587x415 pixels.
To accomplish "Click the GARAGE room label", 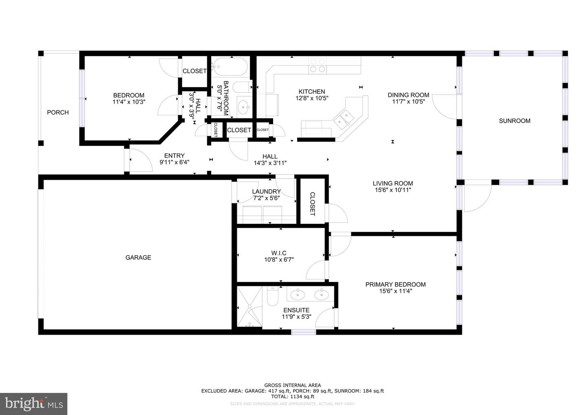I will pyautogui.click(x=138, y=258).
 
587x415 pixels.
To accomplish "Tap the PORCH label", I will pyautogui.click(x=58, y=113).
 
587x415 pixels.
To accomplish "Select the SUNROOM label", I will pyautogui.click(x=514, y=121).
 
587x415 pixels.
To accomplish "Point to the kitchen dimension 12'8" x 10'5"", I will pyautogui.click(x=312, y=98).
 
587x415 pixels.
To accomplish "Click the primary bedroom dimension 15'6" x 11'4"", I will pyautogui.click(x=395, y=291).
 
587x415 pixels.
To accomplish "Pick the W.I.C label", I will pyautogui.click(x=279, y=253).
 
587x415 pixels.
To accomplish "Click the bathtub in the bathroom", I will pyautogui.click(x=230, y=66).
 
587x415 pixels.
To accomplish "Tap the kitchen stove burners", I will pyautogui.click(x=318, y=66).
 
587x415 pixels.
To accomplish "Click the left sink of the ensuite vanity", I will pyautogui.click(x=298, y=294).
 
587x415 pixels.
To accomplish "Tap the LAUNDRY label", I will pyautogui.click(x=266, y=192).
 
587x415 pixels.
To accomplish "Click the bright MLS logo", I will pyautogui.click(x=33, y=404).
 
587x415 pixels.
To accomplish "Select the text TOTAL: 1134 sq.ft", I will pyautogui.click(x=292, y=396).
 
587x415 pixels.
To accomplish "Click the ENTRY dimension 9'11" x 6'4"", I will pyautogui.click(x=174, y=162).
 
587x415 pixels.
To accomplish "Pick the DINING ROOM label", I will pyautogui.click(x=408, y=95).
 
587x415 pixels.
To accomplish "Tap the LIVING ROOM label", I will pyautogui.click(x=393, y=183).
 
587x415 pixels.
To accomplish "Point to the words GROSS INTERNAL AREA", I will pyautogui.click(x=292, y=385).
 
